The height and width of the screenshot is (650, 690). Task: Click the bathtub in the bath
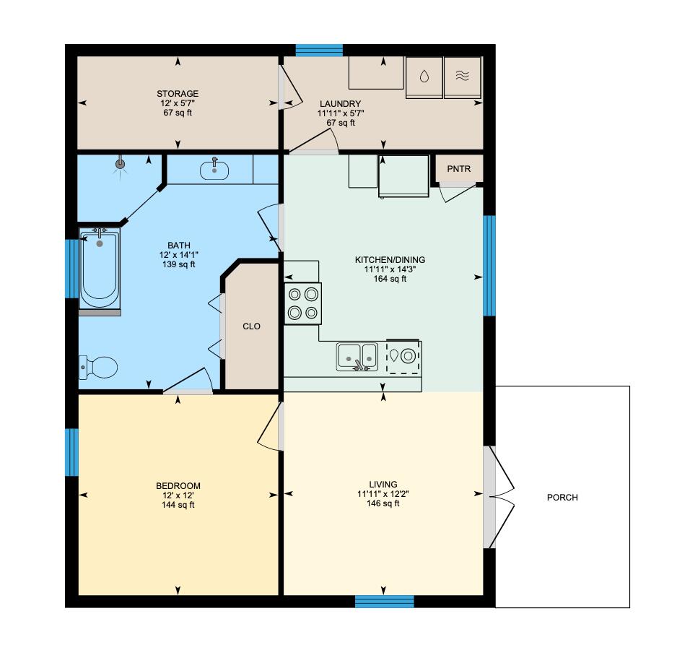coord(100,269)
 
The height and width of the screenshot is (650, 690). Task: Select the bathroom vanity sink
coord(214,170)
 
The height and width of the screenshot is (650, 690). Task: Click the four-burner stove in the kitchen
coord(302,303)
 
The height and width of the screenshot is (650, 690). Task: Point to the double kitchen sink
coord(357,356)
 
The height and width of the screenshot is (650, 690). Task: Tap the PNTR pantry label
coord(458,168)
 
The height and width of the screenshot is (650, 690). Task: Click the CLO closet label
coord(251,326)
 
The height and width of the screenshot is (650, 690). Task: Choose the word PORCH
coord(562,498)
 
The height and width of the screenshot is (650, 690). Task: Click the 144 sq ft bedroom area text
coord(178,505)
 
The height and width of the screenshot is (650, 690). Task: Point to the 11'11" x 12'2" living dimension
coord(383,494)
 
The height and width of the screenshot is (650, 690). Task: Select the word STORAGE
coord(178,94)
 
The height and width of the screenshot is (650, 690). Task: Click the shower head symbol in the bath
coord(120,165)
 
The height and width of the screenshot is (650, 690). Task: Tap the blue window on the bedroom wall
coord(71,452)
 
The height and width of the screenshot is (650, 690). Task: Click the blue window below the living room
coord(385,601)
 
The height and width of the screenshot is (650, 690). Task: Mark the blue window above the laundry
coord(319,50)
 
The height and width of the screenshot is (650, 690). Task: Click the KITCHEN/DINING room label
coord(390,260)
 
